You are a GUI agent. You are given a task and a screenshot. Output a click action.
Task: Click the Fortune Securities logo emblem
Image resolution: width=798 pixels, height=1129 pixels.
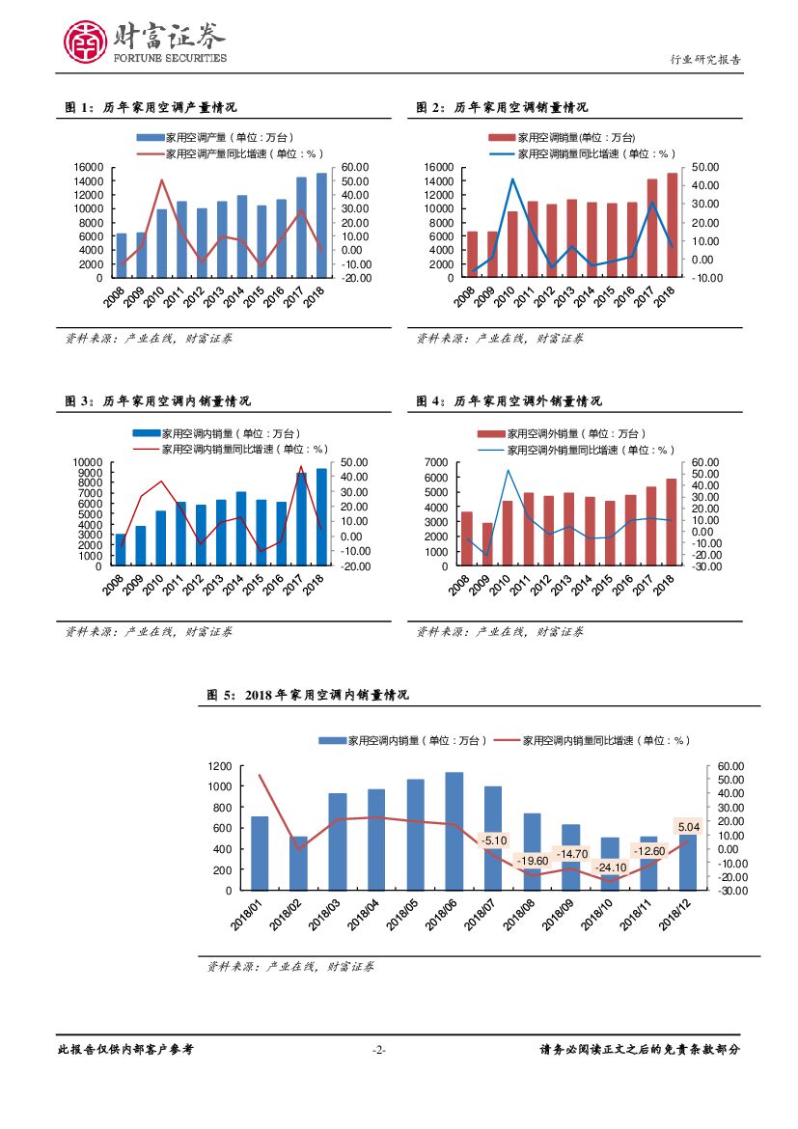tap(83, 41)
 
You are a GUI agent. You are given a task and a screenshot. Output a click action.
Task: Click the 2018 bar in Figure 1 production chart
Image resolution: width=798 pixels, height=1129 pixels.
tap(321, 227)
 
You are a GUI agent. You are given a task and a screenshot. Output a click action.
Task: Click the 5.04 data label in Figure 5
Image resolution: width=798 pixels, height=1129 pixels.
tap(689, 827)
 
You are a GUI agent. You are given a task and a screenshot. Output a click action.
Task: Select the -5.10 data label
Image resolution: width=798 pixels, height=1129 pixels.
tap(494, 840)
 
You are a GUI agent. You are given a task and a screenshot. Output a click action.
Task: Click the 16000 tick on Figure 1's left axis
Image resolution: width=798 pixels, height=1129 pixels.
tap(89, 167)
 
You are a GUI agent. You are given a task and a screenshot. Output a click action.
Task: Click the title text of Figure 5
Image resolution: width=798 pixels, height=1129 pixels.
tap(309, 695)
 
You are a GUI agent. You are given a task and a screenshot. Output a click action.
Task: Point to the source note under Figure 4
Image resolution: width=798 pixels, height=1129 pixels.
tap(499, 632)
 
